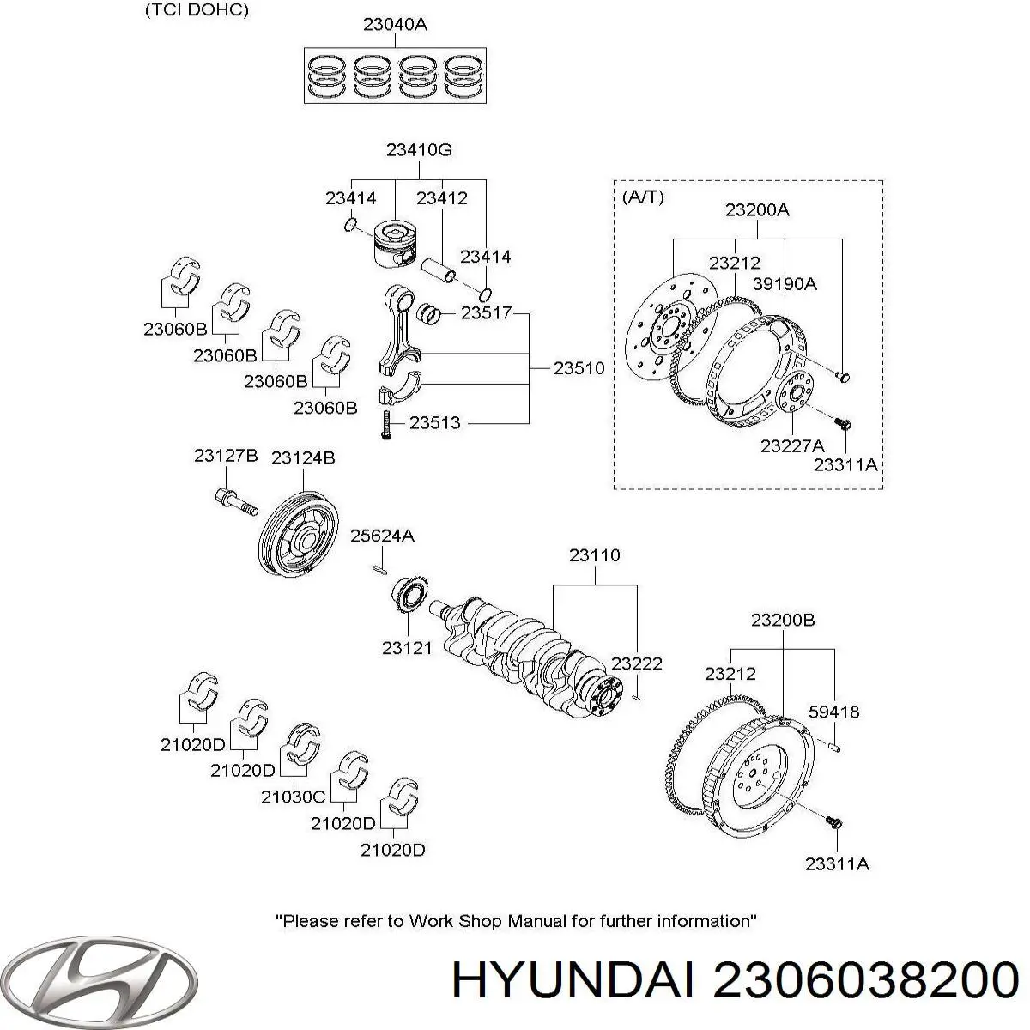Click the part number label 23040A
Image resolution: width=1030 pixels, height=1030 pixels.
point(395,25)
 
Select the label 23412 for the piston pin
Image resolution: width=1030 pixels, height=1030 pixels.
point(442,198)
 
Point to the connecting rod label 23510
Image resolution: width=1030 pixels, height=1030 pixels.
point(579,368)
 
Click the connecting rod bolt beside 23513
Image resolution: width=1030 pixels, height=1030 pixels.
point(385,424)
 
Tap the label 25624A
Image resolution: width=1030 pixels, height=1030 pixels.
point(382,536)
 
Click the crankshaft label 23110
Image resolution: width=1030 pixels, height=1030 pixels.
point(594,556)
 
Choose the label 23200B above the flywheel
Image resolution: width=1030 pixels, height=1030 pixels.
point(783,620)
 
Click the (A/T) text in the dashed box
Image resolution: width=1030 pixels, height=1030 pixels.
point(642,197)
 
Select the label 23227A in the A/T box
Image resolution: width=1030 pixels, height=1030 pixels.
point(792,445)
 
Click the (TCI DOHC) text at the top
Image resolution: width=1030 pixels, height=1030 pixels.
point(197,10)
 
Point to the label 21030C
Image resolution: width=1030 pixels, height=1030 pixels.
point(294,797)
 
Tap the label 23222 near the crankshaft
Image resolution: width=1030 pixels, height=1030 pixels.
point(637,664)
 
